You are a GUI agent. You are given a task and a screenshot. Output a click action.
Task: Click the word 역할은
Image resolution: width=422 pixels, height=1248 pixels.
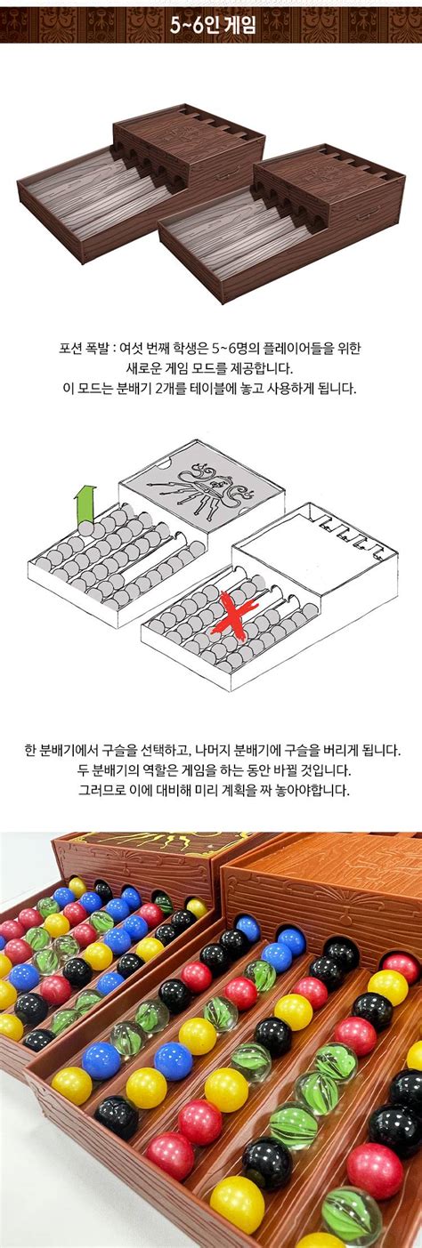(156, 770)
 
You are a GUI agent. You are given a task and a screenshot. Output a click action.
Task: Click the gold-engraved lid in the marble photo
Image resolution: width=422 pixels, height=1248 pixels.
(160, 850)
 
